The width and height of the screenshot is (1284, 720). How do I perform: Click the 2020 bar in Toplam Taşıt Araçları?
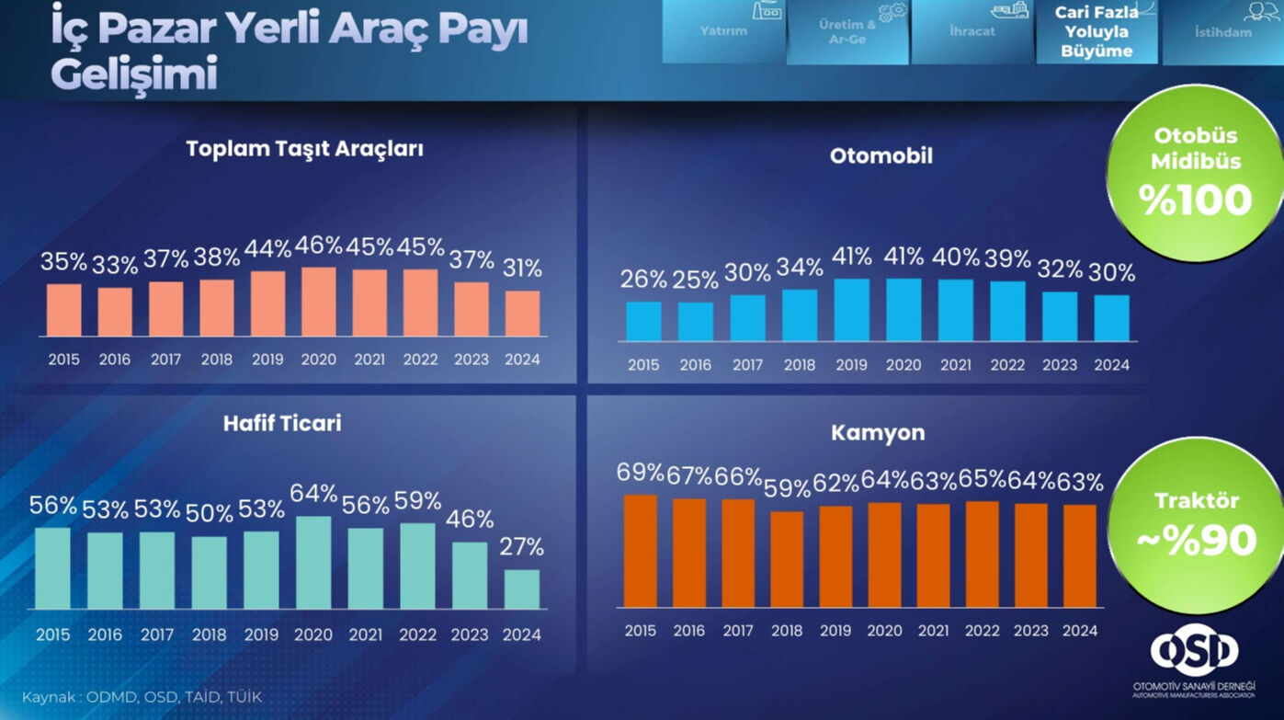click(x=319, y=302)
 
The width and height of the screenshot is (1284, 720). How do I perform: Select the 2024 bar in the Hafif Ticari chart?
click(x=522, y=589)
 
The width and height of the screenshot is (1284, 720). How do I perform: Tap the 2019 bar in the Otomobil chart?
click(x=852, y=310)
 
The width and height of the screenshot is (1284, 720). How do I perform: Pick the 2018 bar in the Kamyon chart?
click(x=787, y=559)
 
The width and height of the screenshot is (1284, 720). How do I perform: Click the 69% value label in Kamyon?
click(x=641, y=473)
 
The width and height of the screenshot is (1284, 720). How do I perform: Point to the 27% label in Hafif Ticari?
click(x=522, y=547)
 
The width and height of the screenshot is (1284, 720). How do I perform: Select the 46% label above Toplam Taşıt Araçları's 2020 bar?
click(x=319, y=246)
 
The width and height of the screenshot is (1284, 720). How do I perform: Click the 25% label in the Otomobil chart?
click(x=696, y=279)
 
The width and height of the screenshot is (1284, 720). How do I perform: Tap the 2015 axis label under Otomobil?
click(x=643, y=365)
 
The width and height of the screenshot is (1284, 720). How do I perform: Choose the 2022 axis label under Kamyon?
click(x=982, y=631)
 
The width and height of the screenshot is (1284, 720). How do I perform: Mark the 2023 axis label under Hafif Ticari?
click(x=470, y=634)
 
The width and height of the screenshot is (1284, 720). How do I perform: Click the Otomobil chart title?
click(x=881, y=156)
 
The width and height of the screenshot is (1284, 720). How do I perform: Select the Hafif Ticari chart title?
click(x=282, y=423)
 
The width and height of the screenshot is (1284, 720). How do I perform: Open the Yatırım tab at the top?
click(x=723, y=31)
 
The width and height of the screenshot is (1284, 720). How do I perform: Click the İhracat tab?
click(x=972, y=31)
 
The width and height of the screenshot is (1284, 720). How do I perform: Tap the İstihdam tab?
click(x=1222, y=32)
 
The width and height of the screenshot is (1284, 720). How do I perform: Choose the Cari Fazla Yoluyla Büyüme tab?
click(x=1097, y=32)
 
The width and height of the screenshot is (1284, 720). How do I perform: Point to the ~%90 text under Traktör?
click(x=1196, y=542)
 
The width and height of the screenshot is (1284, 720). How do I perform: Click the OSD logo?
click(x=1194, y=651)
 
